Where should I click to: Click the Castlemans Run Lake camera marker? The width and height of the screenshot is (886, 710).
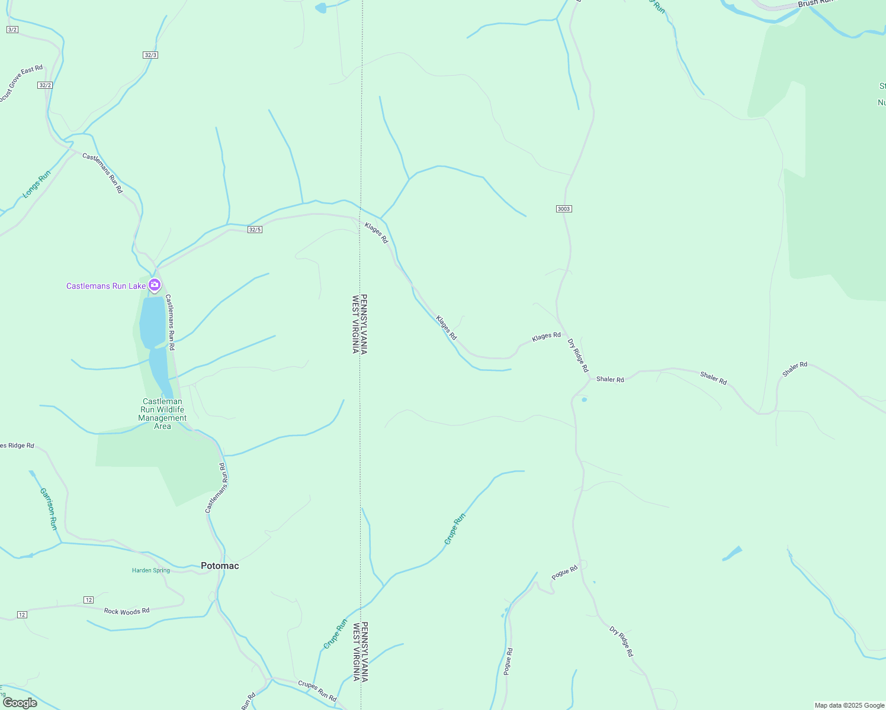pyautogui.click(x=155, y=286)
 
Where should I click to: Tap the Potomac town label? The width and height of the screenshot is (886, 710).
pyautogui.click(x=220, y=566)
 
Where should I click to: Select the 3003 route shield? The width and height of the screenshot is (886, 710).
pyautogui.click(x=564, y=209)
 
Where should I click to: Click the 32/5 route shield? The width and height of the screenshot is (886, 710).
pyautogui.click(x=255, y=230)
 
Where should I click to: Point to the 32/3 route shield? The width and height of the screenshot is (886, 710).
pyautogui.click(x=150, y=55)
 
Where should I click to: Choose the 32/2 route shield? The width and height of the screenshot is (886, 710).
pyautogui.click(x=45, y=85)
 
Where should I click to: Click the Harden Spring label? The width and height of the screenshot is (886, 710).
pyautogui.click(x=150, y=570)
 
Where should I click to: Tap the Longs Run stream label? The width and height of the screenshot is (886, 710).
pyautogui.click(x=37, y=184)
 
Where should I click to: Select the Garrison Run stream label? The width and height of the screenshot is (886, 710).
pyautogui.click(x=49, y=508)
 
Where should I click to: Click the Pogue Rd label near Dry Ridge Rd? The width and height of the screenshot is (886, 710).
pyautogui.click(x=564, y=573)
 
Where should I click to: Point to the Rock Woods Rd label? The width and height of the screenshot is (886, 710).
pyautogui.click(x=127, y=611)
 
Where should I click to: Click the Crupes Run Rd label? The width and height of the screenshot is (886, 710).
pyautogui.click(x=317, y=690)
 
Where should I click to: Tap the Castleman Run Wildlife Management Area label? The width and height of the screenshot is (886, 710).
pyautogui.click(x=162, y=414)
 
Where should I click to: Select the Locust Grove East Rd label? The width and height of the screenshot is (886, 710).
pyautogui.click(x=21, y=83)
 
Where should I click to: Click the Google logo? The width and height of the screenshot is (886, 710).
pyautogui.click(x=20, y=703)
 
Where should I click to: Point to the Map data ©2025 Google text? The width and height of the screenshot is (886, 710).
pyautogui.click(x=849, y=705)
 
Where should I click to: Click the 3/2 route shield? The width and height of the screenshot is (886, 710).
pyautogui.click(x=12, y=30)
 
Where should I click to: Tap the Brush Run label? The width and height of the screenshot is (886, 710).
pyautogui.click(x=816, y=3)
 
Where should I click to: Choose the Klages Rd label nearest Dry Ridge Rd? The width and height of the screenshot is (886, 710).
pyautogui.click(x=546, y=336)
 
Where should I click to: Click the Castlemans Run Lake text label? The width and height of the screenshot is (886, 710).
pyautogui.click(x=106, y=286)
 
